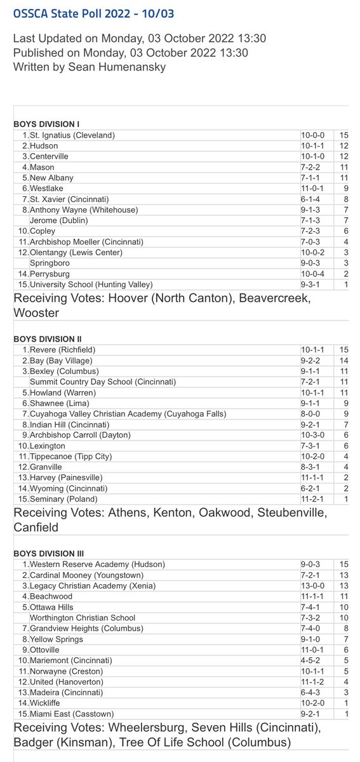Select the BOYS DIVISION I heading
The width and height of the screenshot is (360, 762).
click(50, 124)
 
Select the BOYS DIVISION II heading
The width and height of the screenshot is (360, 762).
click(52, 339)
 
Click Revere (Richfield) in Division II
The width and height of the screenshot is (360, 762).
click(63, 350)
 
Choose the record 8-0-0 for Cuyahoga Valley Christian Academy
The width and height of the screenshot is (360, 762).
click(312, 414)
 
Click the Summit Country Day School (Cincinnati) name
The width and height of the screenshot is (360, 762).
click(103, 382)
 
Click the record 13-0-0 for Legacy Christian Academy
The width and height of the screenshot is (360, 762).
click(314, 585)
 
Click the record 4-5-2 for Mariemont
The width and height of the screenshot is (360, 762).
click(312, 660)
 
